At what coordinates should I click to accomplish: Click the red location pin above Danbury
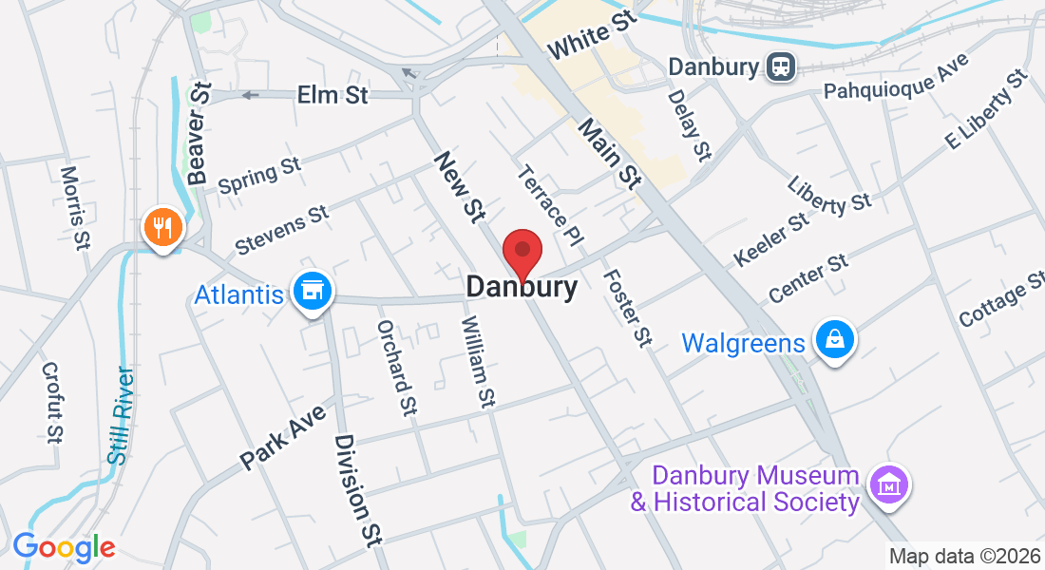(522, 252)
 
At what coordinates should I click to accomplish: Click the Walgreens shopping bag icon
(834, 339)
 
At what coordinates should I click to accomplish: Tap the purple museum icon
(888, 484)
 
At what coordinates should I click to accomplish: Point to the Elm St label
(332, 95)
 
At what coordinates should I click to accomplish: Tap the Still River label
(121, 414)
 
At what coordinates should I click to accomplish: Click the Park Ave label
(282, 435)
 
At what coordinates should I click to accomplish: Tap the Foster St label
(628, 308)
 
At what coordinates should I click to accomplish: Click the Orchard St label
(397, 367)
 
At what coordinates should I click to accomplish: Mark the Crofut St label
(52, 403)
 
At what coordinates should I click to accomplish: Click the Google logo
(63, 547)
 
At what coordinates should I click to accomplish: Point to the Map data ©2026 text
(964, 556)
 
